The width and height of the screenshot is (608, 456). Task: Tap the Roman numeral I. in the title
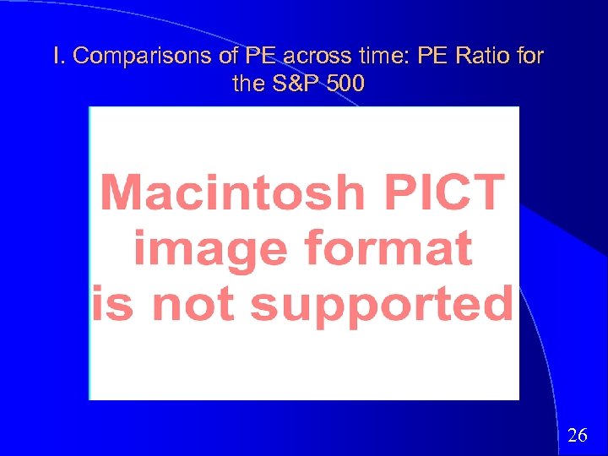[57, 57]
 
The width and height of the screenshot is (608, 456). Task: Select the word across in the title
[315, 57]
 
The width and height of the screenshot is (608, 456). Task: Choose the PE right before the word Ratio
[432, 57]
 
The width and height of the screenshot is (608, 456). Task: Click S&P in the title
[295, 84]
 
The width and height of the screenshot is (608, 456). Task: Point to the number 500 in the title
[348, 84]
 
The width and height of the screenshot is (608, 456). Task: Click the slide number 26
[578, 436]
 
